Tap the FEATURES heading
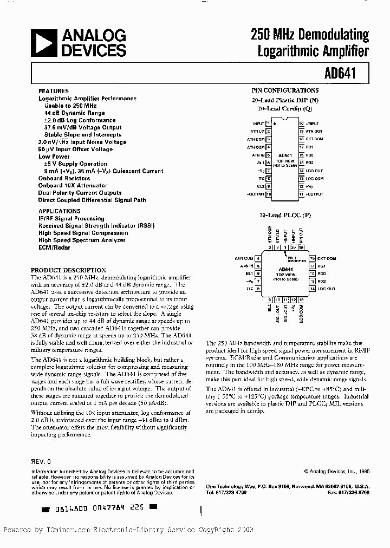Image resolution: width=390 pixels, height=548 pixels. tap(53, 91)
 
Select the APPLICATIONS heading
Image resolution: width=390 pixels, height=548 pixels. tap(59, 211)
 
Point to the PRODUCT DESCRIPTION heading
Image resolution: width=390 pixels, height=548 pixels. tap(68, 270)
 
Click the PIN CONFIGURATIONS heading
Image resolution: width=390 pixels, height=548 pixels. tap(285, 90)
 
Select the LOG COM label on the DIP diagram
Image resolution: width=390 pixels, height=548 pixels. tap(315, 178)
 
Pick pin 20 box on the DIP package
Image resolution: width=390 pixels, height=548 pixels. tap(301, 124)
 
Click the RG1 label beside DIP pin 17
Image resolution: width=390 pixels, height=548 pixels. tap(310, 147)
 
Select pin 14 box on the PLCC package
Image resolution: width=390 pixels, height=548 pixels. tap(312, 289)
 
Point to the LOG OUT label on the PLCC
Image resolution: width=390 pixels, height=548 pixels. tap(326, 289)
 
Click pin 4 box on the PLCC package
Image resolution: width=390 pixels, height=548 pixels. tap(258, 258)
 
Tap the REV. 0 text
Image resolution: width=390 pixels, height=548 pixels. tap(41, 461)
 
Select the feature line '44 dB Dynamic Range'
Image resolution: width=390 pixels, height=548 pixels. tap(75, 113)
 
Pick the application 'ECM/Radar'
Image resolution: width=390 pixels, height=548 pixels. tap(54, 247)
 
